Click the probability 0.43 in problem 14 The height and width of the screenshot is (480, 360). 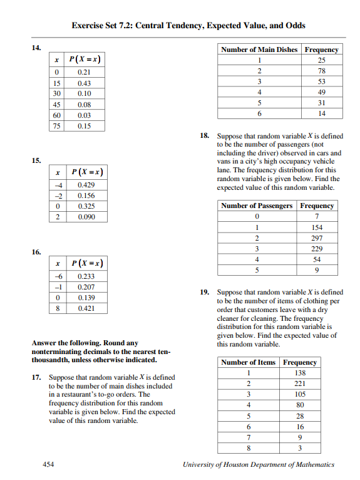coord(84,83)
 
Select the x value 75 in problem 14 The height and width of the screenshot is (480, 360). coord(56,126)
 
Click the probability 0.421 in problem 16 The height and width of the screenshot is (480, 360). coord(86,309)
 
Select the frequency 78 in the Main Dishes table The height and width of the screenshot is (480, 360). coord(322,71)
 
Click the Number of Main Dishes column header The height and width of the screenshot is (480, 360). coord(259,50)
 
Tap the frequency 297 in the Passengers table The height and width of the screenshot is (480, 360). coord(317,238)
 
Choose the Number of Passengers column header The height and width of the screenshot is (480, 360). coord(257,206)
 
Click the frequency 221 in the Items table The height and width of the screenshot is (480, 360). coord(300,383)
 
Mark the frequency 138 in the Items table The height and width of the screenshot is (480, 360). coord(300,373)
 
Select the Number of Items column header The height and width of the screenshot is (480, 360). coord(249,362)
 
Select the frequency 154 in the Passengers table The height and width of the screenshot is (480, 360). coord(317,227)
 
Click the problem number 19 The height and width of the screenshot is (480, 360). coord(204,292)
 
